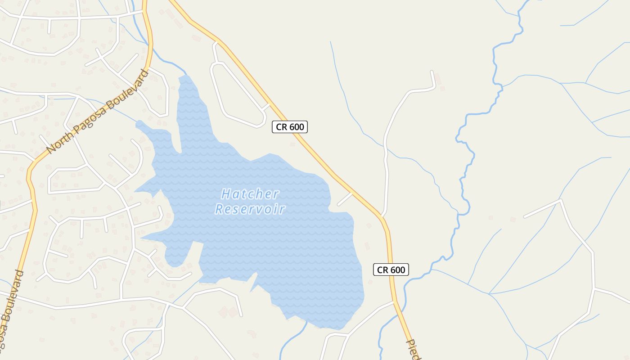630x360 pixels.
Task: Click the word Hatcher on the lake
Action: (x=250, y=194)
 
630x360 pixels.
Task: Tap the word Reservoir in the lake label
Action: (x=250, y=209)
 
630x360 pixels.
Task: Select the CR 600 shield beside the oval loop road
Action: (x=289, y=127)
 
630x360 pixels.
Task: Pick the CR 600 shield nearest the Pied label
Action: (x=391, y=270)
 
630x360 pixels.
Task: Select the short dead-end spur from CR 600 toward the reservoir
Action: (x=345, y=199)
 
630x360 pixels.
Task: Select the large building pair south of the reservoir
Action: (x=228, y=312)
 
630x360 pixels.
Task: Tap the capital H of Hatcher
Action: (x=225, y=194)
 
